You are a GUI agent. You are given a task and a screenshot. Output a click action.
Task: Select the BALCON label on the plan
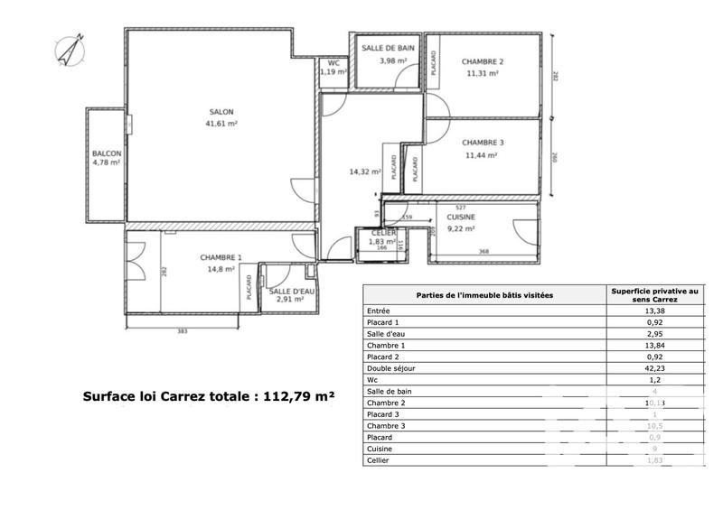107,153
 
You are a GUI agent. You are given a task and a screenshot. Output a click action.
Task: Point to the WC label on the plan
333,62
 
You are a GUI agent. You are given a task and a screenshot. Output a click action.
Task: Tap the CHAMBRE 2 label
483,61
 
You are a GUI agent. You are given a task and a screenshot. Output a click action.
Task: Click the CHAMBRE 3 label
483,143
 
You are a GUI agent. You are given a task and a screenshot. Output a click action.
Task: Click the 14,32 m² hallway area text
364,172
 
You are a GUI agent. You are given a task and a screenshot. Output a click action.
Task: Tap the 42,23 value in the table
654,367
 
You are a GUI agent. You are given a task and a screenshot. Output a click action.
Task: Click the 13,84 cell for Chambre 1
654,344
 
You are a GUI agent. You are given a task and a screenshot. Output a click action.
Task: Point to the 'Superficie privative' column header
654,294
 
